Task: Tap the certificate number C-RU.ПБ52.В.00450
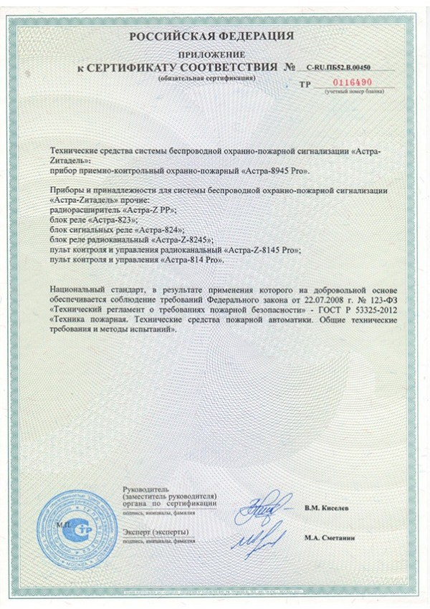[343, 67]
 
